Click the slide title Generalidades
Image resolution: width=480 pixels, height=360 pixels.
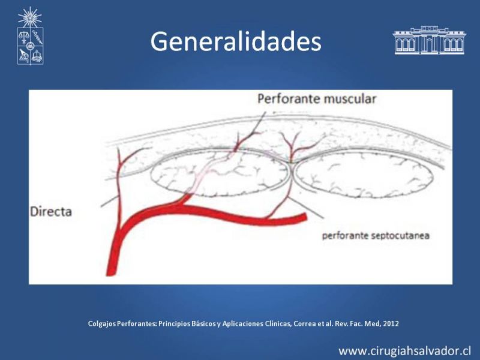[236, 41]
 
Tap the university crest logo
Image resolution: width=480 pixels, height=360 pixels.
[30, 36]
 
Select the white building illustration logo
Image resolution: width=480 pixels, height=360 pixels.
[429, 40]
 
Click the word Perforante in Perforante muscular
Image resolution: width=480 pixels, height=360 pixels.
[289, 99]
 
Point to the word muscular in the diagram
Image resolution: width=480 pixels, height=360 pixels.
[350, 99]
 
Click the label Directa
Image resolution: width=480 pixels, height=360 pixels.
[51, 212]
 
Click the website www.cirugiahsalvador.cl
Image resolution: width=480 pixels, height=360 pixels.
[404, 351]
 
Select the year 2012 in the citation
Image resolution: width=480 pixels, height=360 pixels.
[391, 323]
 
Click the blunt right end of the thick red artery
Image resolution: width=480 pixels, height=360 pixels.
[304, 217]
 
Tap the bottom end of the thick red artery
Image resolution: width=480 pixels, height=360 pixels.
[110, 274]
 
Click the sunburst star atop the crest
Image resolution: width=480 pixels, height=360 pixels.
[29, 17]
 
